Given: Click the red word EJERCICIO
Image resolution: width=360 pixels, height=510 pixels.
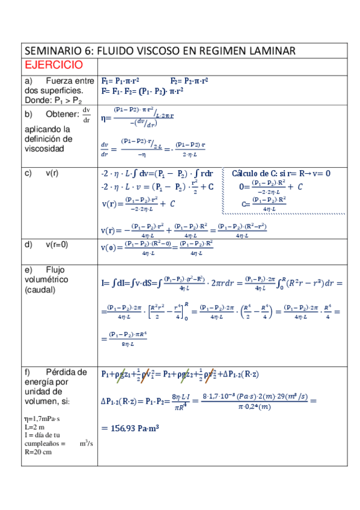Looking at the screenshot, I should pyautogui.click(x=53, y=65).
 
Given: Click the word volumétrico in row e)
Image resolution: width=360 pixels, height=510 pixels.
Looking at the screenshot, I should pyautogui.click(x=46, y=279).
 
